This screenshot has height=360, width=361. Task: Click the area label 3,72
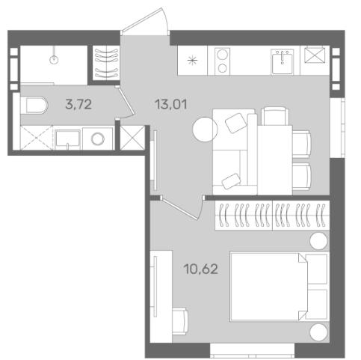click(78, 104)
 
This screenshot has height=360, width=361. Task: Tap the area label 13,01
click(171, 104)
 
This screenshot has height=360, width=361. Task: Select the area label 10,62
click(201, 269)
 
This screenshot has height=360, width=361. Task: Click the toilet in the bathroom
click(34, 106)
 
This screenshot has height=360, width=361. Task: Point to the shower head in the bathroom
click(54, 59)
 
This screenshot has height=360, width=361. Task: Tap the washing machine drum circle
click(98, 138)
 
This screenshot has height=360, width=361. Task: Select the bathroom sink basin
click(67, 138)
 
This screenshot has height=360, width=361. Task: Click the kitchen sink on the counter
click(283, 61)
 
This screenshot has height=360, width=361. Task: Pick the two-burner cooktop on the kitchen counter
click(222, 61)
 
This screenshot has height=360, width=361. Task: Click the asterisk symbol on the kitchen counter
click(192, 61)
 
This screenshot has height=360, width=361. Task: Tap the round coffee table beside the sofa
click(205, 129)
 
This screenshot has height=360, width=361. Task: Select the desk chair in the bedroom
click(180, 321)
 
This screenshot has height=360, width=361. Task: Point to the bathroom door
click(126, 102)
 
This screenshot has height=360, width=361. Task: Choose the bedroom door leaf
click(180, 208)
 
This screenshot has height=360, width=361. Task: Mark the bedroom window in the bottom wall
click(252, 350)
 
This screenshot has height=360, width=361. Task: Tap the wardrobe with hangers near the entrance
click(106, 63)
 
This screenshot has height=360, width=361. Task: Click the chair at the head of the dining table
click(275, 116)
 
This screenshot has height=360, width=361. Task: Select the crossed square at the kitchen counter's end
click(315, 55)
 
